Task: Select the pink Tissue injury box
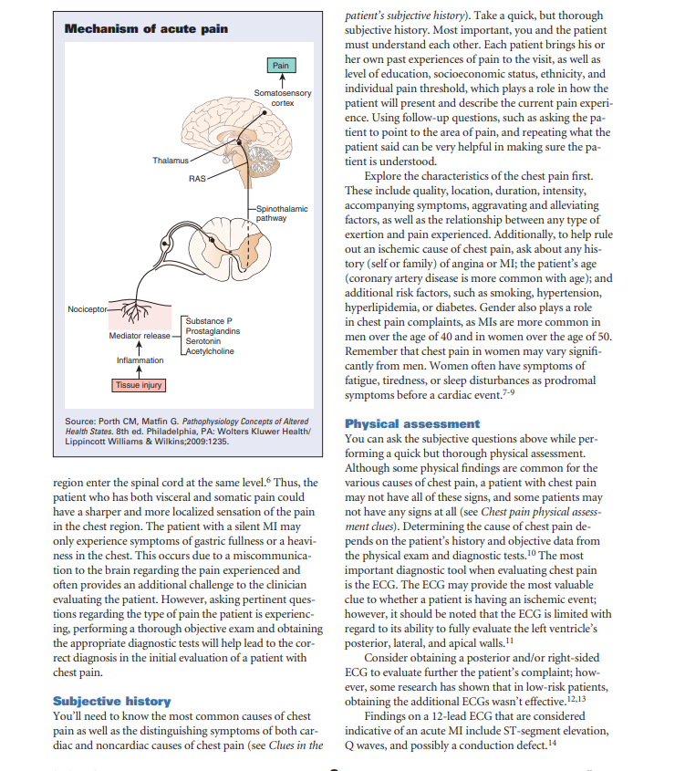pos(138,385)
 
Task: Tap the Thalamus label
pos(171,161)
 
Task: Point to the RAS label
pos(197,177)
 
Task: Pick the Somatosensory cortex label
pos(282,99)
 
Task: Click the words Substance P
pos(210,320)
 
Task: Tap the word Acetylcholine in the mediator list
pos(210,351)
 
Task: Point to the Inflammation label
pos(137,361)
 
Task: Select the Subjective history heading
pos(111,701)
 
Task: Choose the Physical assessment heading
pos(411,423)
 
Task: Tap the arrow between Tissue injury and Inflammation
pos(138,372)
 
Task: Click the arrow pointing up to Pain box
pos(282,79)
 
